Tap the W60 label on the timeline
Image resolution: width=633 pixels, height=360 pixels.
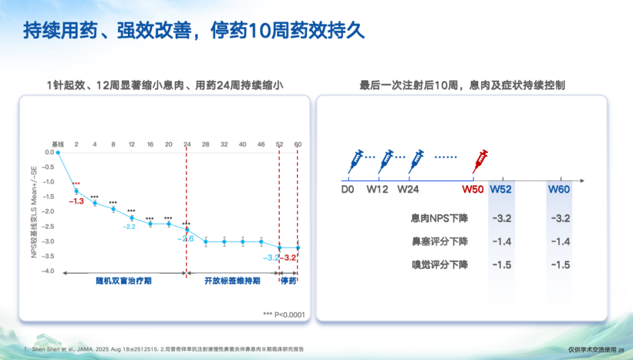[559, 189]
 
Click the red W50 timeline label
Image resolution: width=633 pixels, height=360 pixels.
[473, 189]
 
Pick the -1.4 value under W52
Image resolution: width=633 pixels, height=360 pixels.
[502, 242]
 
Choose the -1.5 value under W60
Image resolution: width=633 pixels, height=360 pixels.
[560, 265]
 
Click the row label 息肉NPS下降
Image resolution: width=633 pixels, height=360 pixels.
[439, 218]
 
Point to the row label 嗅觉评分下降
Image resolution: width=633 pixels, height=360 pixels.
[439, 265]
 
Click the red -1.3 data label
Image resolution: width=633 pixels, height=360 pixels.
[76, 202]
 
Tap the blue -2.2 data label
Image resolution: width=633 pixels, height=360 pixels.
[130, 226]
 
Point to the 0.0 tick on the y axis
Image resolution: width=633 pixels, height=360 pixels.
[49, 152]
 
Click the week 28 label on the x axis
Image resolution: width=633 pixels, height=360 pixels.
[205, 144]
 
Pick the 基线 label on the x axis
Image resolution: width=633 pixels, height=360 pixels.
[57, 144]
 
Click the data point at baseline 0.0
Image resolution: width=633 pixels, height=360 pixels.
[58, 152]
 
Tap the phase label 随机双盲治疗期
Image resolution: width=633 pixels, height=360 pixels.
[124, 281]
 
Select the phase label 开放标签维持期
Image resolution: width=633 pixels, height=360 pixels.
[232, 281]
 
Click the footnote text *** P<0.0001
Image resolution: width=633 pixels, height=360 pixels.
[284, 314]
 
